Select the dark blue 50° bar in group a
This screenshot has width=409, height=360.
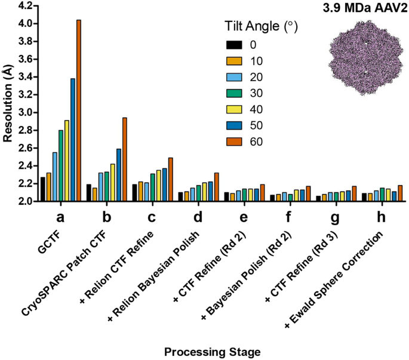tap(73, 140)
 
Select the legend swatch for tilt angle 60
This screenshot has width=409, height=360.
tap(234, 141)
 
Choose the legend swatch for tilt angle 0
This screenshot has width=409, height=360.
tap(234, 44)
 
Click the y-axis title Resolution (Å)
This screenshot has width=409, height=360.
tap(7, 104)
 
